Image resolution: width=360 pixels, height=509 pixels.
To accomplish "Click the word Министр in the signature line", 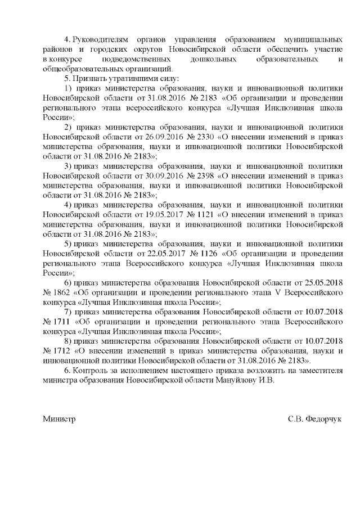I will tap(59, 419).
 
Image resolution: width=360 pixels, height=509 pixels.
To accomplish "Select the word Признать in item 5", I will tap(89, 79).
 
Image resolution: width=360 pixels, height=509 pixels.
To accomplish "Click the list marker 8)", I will tap(69, 341).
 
